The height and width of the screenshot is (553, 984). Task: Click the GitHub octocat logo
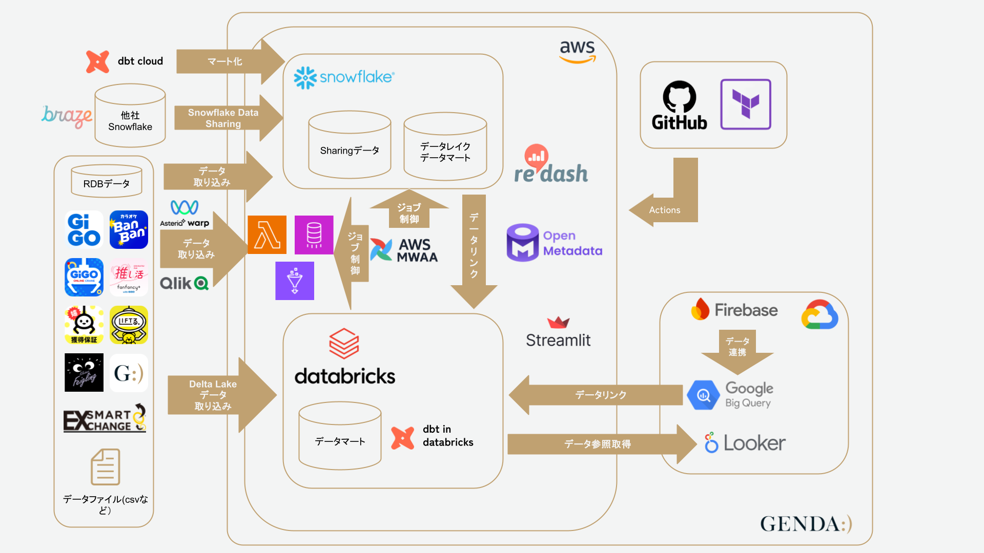tap(679, 96)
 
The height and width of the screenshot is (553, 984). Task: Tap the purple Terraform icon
tap(746, 104)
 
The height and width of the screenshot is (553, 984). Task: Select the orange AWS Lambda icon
tap(267, 235)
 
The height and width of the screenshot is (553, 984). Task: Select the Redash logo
tap(551, 165)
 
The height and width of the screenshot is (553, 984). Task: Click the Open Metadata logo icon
tap(523, 243)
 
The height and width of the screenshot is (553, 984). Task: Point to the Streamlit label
tap(558, 340)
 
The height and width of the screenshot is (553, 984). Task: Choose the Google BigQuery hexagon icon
tap(704, 395)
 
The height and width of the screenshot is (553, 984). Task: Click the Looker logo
tap(745, 443)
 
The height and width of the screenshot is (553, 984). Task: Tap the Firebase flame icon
tap(700, 309)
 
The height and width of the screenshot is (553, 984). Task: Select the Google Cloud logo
tap(819, 314)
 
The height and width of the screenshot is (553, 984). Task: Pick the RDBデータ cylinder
tap(107, 181)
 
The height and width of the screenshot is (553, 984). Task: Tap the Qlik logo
tap(184, 283)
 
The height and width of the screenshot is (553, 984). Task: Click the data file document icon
tap(106, 467)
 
